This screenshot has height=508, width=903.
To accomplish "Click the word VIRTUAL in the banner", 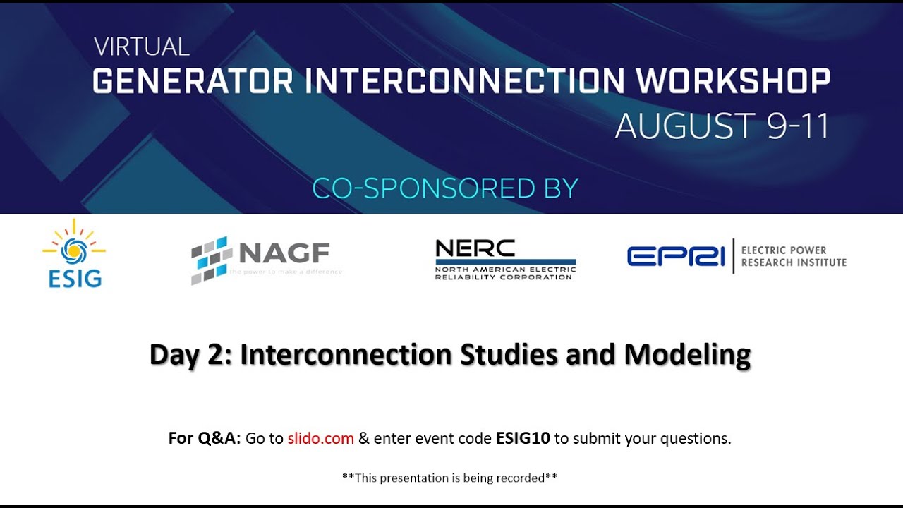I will (x=142, y=47).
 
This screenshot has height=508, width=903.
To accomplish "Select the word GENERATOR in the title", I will (x=193, y=82).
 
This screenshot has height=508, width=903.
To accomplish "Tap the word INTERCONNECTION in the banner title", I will (x=465, y=82).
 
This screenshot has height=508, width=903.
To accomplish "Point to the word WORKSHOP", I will (x=733, y=82).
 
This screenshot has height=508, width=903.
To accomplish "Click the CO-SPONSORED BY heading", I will (x=445, y=188).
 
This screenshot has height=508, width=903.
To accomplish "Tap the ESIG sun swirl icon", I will (x=73, y=248).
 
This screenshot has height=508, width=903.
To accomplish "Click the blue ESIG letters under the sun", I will (x=75, y=279).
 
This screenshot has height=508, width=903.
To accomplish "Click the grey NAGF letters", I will (x=284, y=252).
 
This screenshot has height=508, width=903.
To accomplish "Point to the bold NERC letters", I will (x=475, y=248).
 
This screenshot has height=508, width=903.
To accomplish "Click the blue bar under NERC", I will (x=505, y=262).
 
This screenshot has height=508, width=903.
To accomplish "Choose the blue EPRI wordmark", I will (x=676, y=256).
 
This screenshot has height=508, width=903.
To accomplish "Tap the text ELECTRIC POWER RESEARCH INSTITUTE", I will (x=793, y=256).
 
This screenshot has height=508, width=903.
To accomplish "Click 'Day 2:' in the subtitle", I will (x=190, y=354).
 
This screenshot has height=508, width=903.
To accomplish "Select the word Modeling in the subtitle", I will (x=687, y=354).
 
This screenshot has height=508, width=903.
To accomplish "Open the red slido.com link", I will (x=320, y=438).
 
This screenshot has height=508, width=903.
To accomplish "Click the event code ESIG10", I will (x=523, y=438).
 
